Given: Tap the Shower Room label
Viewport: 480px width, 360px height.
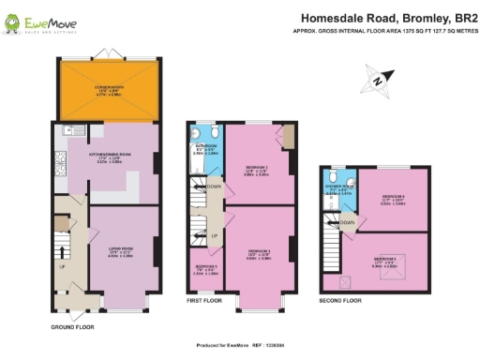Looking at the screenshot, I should [340, 191].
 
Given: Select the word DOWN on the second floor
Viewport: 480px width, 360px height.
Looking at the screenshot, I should [347, 223].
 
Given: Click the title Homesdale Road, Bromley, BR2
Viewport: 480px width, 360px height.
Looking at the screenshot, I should [383, 18].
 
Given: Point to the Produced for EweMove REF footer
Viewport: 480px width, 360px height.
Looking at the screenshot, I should [238, 344].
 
